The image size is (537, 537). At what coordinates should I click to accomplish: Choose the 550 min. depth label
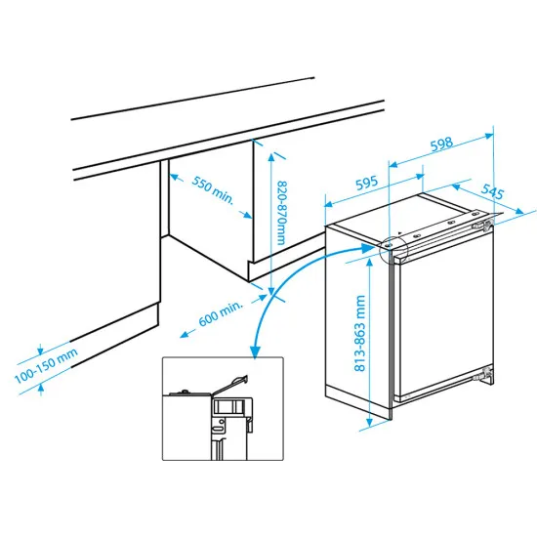(x=212, y=191)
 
